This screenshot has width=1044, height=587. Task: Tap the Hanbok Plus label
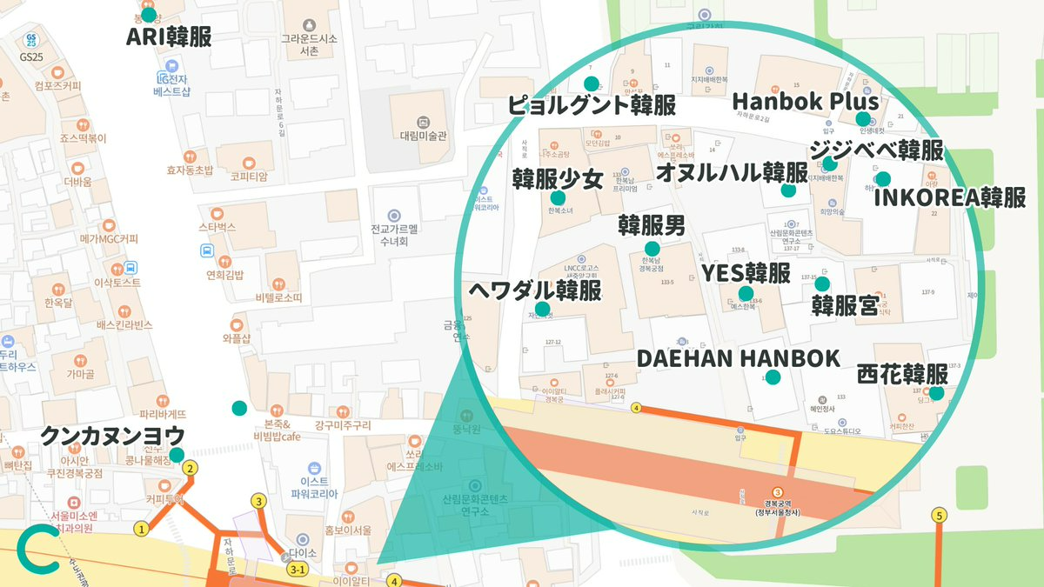(x=806, y=102)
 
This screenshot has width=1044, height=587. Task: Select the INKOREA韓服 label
(x=949, y=197)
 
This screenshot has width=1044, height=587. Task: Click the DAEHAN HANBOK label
(x=739, y=358)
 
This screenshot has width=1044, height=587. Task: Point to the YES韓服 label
(x=746, y=273)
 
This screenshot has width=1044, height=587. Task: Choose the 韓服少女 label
(x=558, y=179)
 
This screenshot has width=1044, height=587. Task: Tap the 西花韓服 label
(x=902, y=375)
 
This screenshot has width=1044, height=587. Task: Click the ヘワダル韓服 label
(x=534, y=290)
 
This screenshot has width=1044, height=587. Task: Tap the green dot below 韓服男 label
(x=652, y=249)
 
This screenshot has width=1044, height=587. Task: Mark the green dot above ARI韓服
(x=149, y=15)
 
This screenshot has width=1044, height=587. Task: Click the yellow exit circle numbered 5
(x=939, y=516)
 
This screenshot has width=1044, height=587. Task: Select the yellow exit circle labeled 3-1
(x=298, y=570)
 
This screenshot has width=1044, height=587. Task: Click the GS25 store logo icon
(x=31, y=39)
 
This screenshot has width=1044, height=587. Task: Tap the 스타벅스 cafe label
(x=217, y=227)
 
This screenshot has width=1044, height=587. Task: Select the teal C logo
(x=37, y=550)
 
